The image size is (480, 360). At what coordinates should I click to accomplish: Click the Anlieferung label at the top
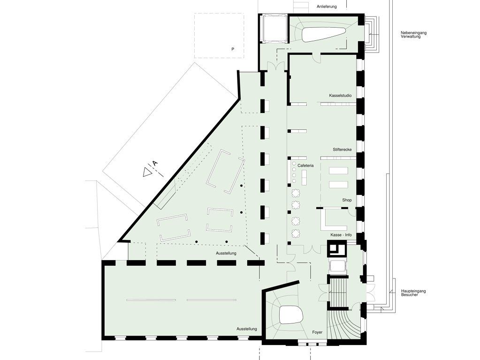coord(327,7)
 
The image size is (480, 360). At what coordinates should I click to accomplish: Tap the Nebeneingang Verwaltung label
coord(413,35)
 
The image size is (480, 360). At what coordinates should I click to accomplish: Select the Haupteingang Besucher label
coord(413,292)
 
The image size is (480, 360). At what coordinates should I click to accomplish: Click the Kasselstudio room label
coord(340,96)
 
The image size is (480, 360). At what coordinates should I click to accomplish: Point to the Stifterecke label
coord(342,150)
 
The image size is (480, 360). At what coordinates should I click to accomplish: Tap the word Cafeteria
coord(305,165)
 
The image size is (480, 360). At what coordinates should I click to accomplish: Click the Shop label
coord(347,200)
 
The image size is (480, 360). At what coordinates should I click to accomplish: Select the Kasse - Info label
coord(341,235)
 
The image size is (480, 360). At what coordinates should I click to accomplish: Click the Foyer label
coord(317,332)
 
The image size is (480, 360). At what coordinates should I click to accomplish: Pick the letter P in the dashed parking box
coord(233,49)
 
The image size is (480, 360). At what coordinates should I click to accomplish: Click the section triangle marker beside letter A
coord(147,172)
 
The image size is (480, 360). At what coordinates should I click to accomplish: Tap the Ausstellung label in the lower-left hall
coord(246,329)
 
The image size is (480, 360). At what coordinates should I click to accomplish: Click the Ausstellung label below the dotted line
coord(226,253)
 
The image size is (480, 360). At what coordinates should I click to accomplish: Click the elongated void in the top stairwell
coord(324,35)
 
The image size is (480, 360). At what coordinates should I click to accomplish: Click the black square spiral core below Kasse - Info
coord(337,249)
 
